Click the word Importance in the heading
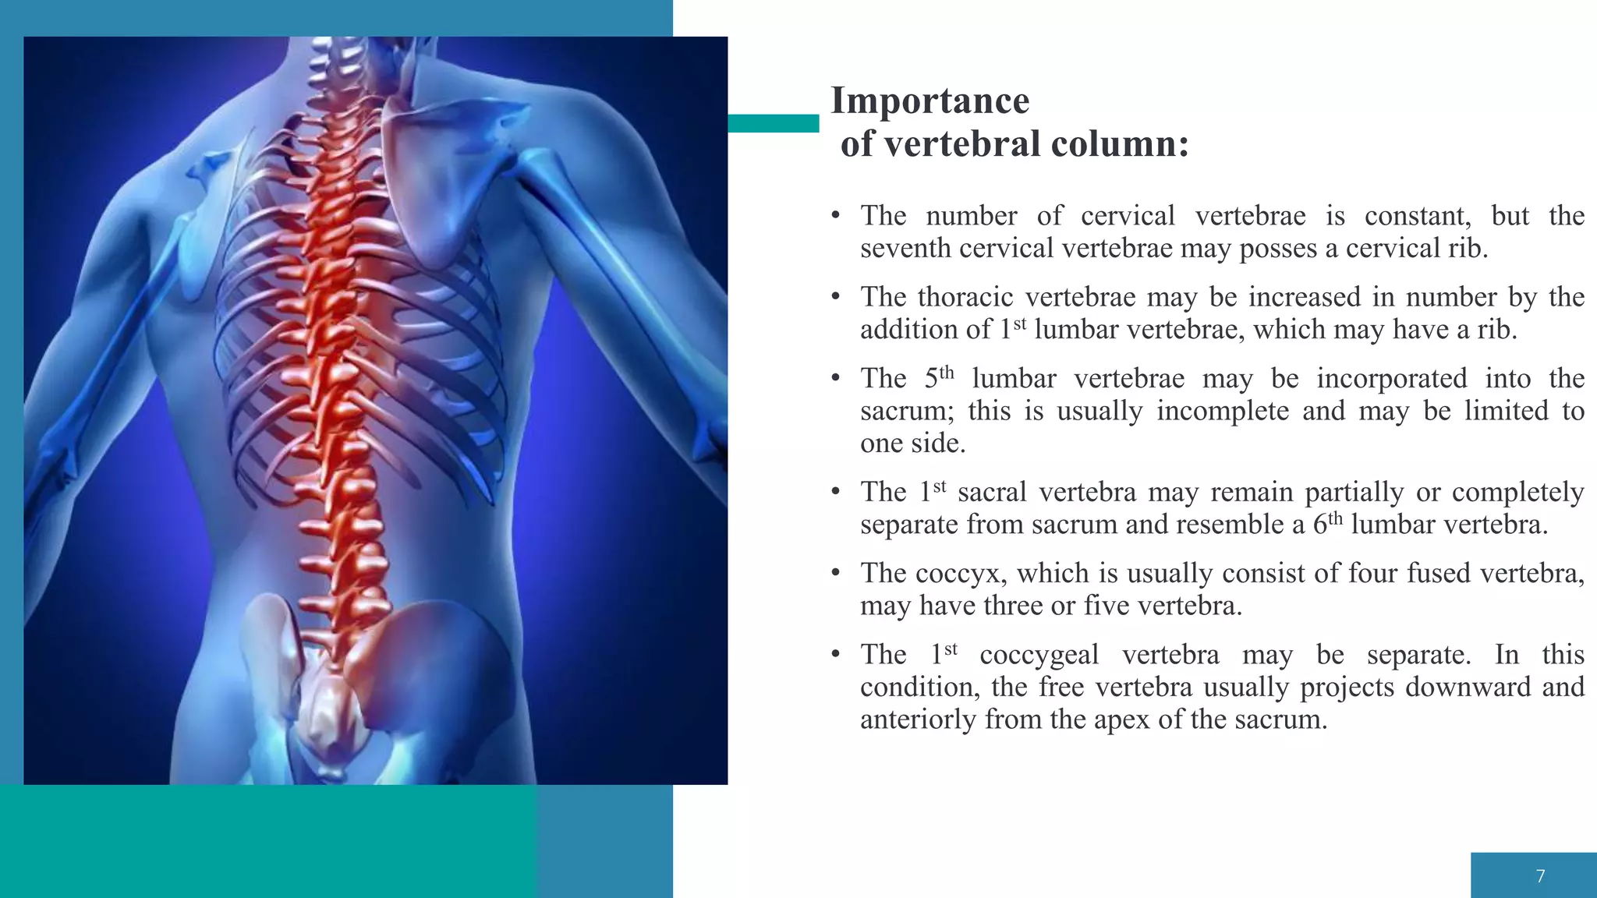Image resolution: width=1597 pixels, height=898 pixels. [x=930, y=101]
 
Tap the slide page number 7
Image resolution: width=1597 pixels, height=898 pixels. [x=1540, y=876]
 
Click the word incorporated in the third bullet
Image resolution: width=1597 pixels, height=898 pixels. [x=1392, y=379]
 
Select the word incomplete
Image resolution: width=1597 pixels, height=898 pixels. [x=1222, y=411]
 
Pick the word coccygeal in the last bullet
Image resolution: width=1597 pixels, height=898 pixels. [x=1039, y=655]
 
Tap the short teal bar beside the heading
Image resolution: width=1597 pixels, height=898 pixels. [x=773, y=123]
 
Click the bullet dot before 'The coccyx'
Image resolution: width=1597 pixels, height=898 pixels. [x=835, y=574]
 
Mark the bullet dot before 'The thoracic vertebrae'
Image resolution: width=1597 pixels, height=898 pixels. [x=835, y=297]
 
